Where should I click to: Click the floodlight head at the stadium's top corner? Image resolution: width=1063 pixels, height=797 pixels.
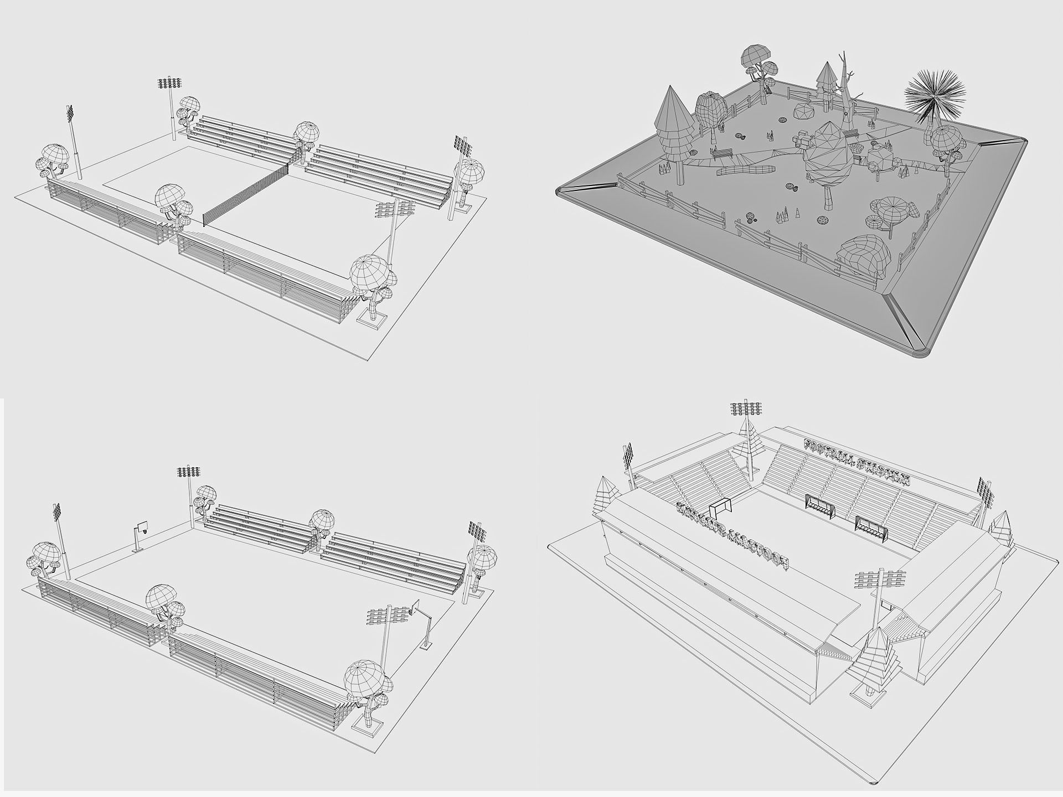pyautogui.click(x=746, y=409)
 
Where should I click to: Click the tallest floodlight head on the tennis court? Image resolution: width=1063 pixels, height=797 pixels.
pyautogui.click(x=170, y=84)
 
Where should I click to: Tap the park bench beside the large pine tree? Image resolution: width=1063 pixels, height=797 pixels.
pyautogui.click(x=721, y=153)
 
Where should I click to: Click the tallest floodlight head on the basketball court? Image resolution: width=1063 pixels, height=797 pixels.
pyautogui.click(x=189, y=472)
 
